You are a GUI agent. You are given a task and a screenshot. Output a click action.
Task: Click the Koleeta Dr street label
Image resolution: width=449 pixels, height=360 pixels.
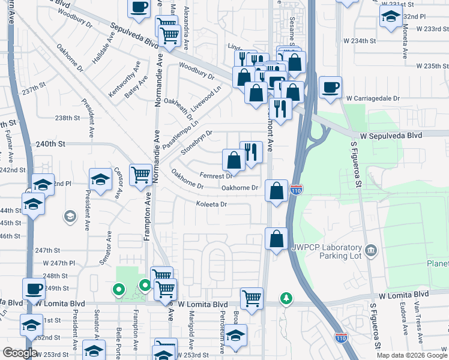click(211, 204)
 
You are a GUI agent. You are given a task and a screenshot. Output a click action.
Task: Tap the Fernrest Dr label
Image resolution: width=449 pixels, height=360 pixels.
click(216, 176)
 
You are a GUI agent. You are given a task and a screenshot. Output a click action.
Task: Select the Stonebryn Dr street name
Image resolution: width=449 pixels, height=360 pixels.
click(197, 142)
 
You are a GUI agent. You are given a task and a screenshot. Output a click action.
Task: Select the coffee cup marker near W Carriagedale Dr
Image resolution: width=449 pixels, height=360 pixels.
click(330, 87)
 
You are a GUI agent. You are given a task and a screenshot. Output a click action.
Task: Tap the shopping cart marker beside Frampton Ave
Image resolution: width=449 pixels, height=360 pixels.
click(140, 175)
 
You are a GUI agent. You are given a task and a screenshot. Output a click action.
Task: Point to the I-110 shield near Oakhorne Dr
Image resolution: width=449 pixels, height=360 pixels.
click(297, 190)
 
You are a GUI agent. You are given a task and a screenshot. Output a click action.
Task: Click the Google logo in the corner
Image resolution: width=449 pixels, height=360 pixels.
click(19, 353)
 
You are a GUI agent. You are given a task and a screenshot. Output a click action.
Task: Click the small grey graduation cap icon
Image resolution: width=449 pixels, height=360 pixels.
click(70, 215)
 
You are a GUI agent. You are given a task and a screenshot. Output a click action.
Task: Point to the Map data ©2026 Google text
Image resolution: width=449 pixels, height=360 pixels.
click(412, 355)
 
